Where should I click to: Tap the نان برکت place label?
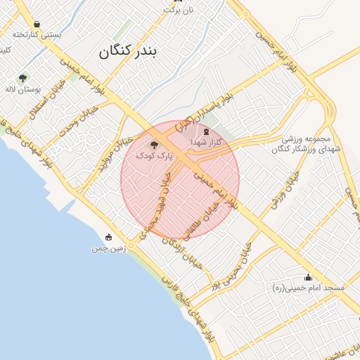coord(179,10)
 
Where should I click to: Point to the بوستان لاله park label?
coord(25,89)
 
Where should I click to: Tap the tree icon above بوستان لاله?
coord(23,78)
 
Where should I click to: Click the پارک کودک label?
coord(155,154)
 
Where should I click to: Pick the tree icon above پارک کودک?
coord(155,143)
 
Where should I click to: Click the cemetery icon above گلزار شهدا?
coord(206,131)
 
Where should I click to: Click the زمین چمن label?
coord(108,248)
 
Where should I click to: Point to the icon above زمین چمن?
coord(108,237)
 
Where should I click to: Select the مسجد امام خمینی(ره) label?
coord(308,288)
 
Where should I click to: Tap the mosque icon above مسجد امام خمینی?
coord(307,278)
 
